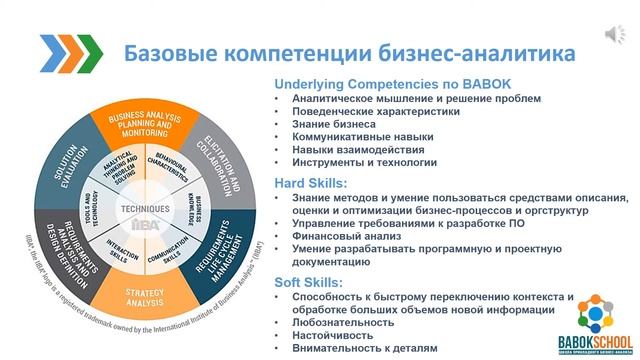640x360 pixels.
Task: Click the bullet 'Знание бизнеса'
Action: pyautogui.click(x=339, y=128)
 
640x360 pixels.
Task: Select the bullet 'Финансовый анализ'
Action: pyautogui.click(x=349, y=239)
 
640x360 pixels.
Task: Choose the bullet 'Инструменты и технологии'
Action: pyautogui.click(x=364, y=162)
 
